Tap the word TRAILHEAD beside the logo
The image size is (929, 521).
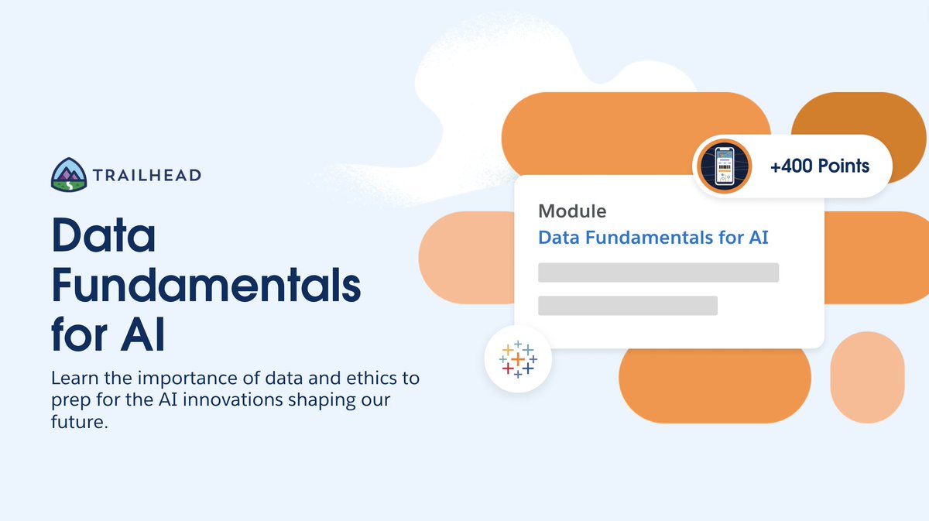pos(147,175)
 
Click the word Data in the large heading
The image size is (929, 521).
pos(104,238)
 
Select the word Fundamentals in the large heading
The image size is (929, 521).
pos(206,286)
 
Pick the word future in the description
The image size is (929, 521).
pos(75,424)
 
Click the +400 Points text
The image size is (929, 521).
pos(820,166)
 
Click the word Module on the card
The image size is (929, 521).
pos(572,211)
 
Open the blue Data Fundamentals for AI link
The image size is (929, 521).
pos(653,237)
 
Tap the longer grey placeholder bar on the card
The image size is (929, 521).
pos(658,272)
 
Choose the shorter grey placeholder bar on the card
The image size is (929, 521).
pos(628,306)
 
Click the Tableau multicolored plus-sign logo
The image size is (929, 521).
pos(518,359)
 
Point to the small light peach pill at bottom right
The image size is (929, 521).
pos(867,376)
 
